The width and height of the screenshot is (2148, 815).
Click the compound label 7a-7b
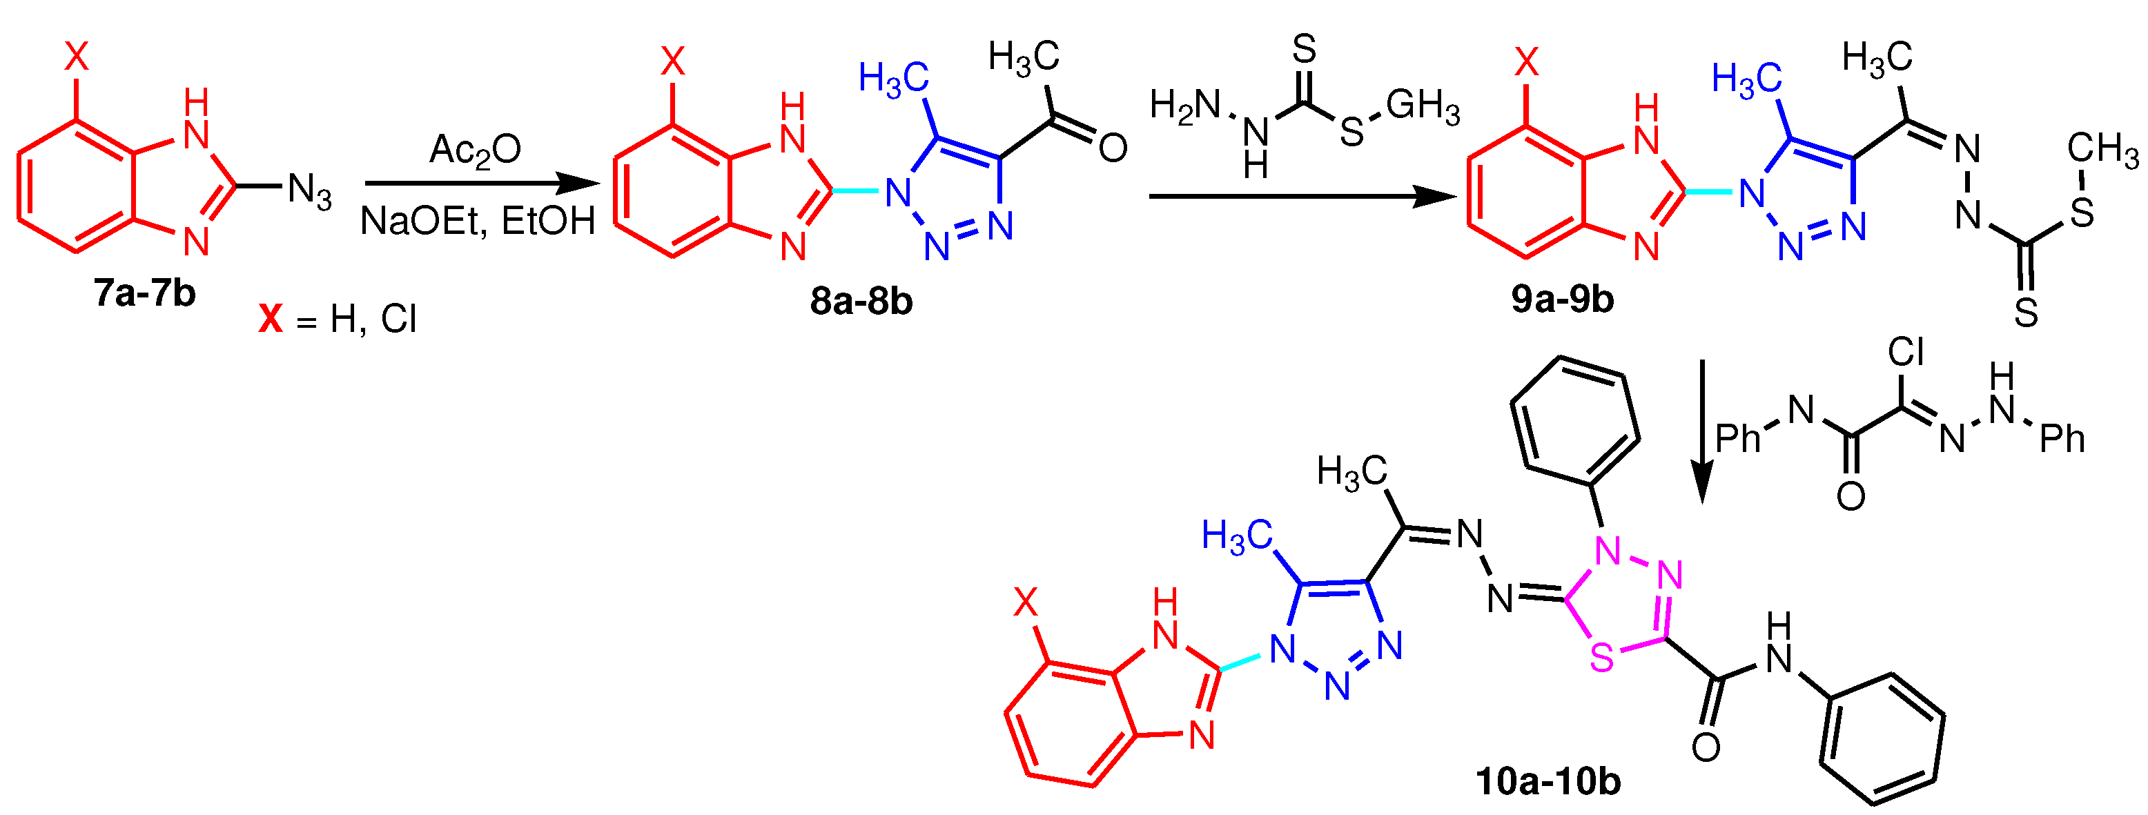144,293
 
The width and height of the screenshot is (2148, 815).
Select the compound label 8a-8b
861,301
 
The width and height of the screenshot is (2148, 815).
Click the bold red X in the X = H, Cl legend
270,319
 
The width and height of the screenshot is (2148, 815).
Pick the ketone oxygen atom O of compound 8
1113,148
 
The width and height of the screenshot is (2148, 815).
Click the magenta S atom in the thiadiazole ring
1602,658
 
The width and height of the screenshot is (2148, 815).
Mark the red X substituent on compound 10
1026,601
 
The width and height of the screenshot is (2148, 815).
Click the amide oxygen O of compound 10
1706,747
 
